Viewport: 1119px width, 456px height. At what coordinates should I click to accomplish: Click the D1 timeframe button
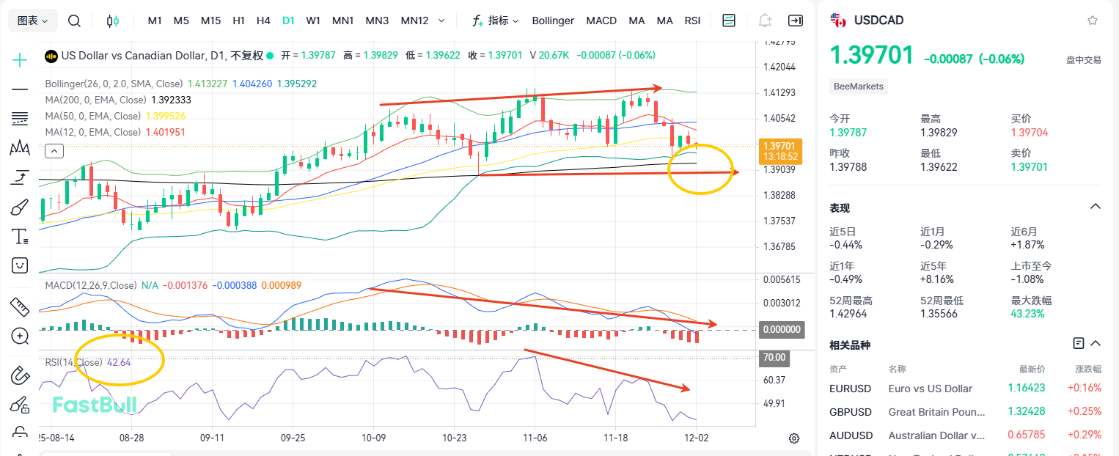click(x=288, y=21)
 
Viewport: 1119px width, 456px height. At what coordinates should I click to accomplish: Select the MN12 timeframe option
click(x=414, y=21)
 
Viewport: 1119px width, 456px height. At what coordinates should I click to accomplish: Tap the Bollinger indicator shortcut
click(x=553, y=21)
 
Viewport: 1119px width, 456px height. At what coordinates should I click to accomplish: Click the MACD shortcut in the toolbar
click(x=601, y=21)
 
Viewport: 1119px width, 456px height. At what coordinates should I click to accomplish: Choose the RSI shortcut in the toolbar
click(x=692, y=21)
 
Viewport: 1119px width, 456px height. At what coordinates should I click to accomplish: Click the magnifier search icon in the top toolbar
click(x=74, y=21)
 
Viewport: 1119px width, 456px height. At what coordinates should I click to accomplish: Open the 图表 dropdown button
click(x=33, y=21)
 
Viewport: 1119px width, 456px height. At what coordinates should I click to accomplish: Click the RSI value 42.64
click(x=119, y=362)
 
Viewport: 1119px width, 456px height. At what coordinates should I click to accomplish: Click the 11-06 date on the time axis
click(x=535, y=437)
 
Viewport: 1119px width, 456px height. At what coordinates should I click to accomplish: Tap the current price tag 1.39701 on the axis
click(x=780, y=146)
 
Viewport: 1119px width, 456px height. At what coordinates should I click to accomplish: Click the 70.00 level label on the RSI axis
click(x=774, y=358)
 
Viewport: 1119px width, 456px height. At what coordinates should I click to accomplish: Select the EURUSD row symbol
click(x=850, y=389)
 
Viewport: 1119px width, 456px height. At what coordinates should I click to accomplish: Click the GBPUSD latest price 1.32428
click(x=1027, y=412)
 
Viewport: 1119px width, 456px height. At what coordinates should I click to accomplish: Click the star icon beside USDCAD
click(x=1093, y=21)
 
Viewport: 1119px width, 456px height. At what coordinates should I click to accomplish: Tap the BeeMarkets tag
click(x=859, y=87)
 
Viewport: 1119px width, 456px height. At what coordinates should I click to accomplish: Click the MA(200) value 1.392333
click(x=170, y=100)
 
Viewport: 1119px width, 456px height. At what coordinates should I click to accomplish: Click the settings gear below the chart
click(x=793, y=438)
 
